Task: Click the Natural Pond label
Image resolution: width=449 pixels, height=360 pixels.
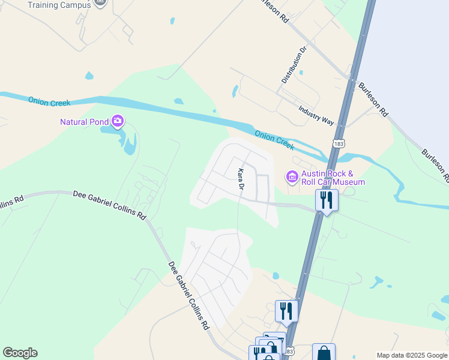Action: tap(84, 122)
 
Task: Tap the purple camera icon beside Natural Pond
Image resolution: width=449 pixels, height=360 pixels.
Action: tap(117, 122)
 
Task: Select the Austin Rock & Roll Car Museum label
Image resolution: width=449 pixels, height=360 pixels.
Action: tap(333, 178)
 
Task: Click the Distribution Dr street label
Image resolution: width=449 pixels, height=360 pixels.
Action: tap(294, 64)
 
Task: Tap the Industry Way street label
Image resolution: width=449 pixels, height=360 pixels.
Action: tap(316, 115)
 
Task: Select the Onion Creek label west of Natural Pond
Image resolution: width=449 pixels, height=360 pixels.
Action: tap(49, 102)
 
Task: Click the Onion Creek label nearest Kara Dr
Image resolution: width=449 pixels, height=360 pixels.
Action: tap(274, 140)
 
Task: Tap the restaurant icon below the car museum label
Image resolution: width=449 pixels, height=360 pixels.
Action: tap(327, 200)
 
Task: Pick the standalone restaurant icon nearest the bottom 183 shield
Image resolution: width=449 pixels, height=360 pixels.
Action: tap(286, 311)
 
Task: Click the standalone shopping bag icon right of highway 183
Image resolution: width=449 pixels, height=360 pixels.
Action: tap(324, 353)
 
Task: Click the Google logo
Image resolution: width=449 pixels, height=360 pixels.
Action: tap(20, 353)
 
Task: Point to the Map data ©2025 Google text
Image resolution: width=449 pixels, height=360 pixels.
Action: tap(411, 355)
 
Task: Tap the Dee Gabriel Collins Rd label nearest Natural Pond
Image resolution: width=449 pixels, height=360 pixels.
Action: tap(109, 203)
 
